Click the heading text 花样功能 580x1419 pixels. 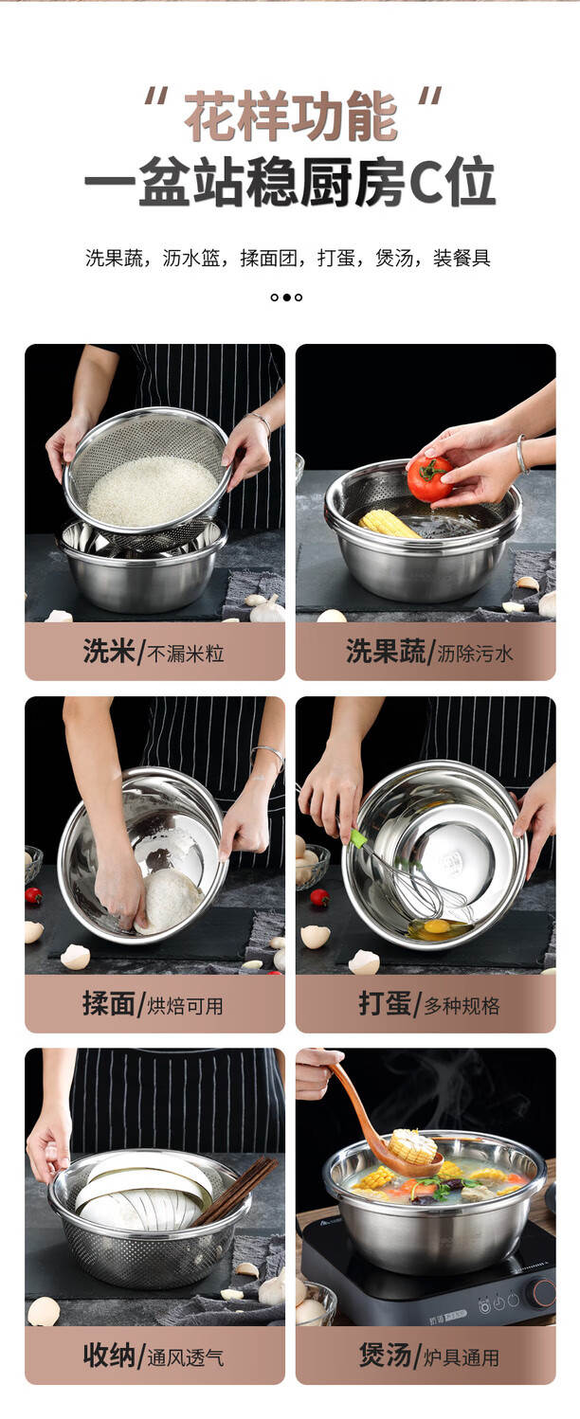click(x=291, y=116)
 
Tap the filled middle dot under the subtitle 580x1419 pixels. click(x=286, y=297)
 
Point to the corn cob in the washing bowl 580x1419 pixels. click(x=389, y=524)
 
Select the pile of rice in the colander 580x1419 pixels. click(x=153, y=491)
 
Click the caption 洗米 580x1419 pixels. click(x=109, y=651)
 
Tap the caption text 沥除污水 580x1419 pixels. click(x=475, y=653)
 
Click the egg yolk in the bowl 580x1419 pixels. click(x=437, y=926)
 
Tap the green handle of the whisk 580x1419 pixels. click(x=359, y=838)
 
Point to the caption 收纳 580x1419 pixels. click(x=109, y=1355)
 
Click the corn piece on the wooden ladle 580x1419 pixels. click(x=412, y=1145)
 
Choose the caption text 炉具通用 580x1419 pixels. click(x=462, y=1357)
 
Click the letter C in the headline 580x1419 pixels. click(x=427, y=183)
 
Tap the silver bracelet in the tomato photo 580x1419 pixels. click(x=521, y=454)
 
